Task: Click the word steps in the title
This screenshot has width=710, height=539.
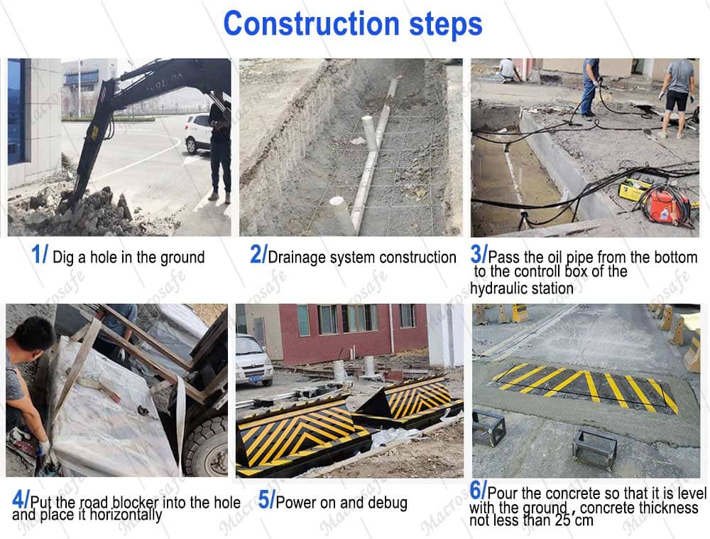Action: (446, 25)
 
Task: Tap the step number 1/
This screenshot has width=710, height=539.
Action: (39, 254)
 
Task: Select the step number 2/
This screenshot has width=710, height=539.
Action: (258, 254)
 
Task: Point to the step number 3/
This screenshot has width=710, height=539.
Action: (479, 254)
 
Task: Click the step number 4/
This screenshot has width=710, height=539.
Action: (21, 500)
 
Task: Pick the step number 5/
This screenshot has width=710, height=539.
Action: (266, 500)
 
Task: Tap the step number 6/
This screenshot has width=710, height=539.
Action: (478, 490)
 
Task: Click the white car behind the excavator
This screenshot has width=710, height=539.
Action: (198, 133)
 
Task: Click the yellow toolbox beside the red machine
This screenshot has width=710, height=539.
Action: (635, 190)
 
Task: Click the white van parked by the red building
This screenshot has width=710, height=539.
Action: (253, 360)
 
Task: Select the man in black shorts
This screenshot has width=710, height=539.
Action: (677, 98)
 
